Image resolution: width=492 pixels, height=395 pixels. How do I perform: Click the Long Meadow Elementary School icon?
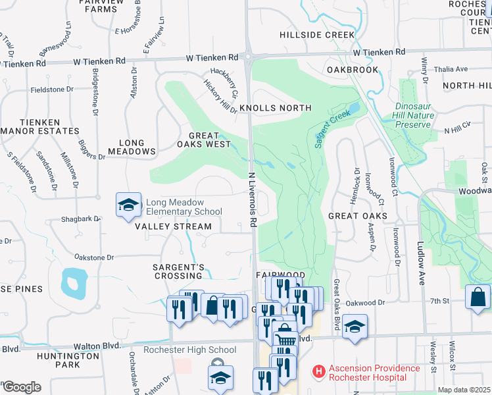[x=129, y=205]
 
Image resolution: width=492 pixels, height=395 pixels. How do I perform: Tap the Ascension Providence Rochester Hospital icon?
[x=319, y=372]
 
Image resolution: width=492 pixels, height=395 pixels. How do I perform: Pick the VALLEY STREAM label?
[x=174, y=226]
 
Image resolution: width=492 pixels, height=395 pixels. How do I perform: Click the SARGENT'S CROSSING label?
[x=178, y=272]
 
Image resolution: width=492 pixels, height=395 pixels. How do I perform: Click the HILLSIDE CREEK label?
[x=317, y=35]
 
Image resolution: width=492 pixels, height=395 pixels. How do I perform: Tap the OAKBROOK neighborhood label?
[x=352, y=70]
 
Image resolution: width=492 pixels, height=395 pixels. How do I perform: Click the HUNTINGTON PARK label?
[x=59, y=359]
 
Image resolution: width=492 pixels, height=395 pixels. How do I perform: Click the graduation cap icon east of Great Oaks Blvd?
[x=355, y=327]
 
